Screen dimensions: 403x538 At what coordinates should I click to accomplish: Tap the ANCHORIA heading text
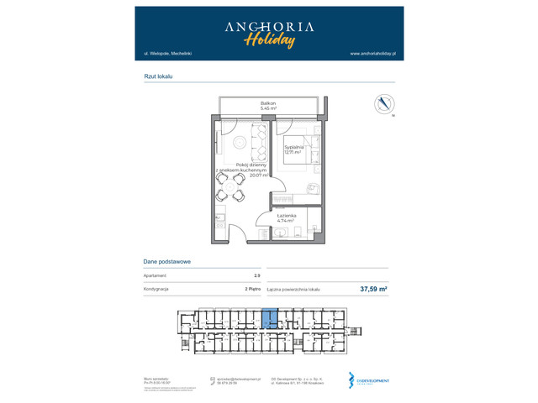(269, 26)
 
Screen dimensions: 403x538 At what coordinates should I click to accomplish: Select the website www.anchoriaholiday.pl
(372, 54)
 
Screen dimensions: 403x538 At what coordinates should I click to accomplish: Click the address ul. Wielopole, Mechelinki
(168, 54)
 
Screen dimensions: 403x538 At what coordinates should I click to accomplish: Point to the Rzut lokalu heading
(158, 76)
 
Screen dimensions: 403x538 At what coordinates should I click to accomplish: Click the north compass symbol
(384, 104)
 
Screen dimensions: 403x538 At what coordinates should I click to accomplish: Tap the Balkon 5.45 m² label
(268, 106)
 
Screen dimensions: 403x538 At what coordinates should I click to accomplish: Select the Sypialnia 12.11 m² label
(293, 149)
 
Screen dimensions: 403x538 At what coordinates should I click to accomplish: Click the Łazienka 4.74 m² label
(286, 218)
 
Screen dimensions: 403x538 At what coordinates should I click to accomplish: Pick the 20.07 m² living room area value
(258, 175)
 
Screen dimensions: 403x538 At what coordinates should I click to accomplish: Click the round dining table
(229, 188)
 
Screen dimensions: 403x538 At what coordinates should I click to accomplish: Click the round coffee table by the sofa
(240, 141)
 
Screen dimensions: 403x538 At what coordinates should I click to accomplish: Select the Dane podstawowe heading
(167, 261)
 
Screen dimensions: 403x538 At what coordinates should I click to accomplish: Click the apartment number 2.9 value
(256, 275)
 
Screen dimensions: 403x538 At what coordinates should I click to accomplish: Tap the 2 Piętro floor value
(251, 289)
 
